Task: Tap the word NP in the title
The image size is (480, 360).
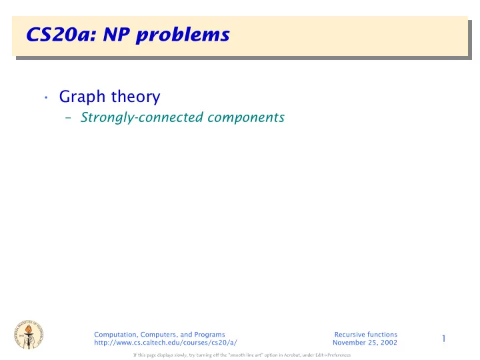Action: (116, 34)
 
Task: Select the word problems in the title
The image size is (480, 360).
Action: (183, 35)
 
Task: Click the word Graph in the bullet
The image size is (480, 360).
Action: (82, 97)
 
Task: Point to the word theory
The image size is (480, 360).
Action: (135, 97)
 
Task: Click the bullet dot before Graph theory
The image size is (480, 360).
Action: (46, 97)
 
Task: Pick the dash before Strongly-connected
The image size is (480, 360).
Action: (68, 117)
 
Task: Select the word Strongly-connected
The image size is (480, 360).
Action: (142, 118)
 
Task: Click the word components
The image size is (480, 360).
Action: (246, 118)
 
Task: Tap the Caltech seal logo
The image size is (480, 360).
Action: (29, 334)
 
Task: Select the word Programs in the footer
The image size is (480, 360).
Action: (209, 335)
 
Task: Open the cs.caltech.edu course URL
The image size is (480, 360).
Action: (165, 343)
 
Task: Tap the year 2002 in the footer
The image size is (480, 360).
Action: (389, 343)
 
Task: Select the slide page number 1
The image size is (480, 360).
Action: (444, 339)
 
